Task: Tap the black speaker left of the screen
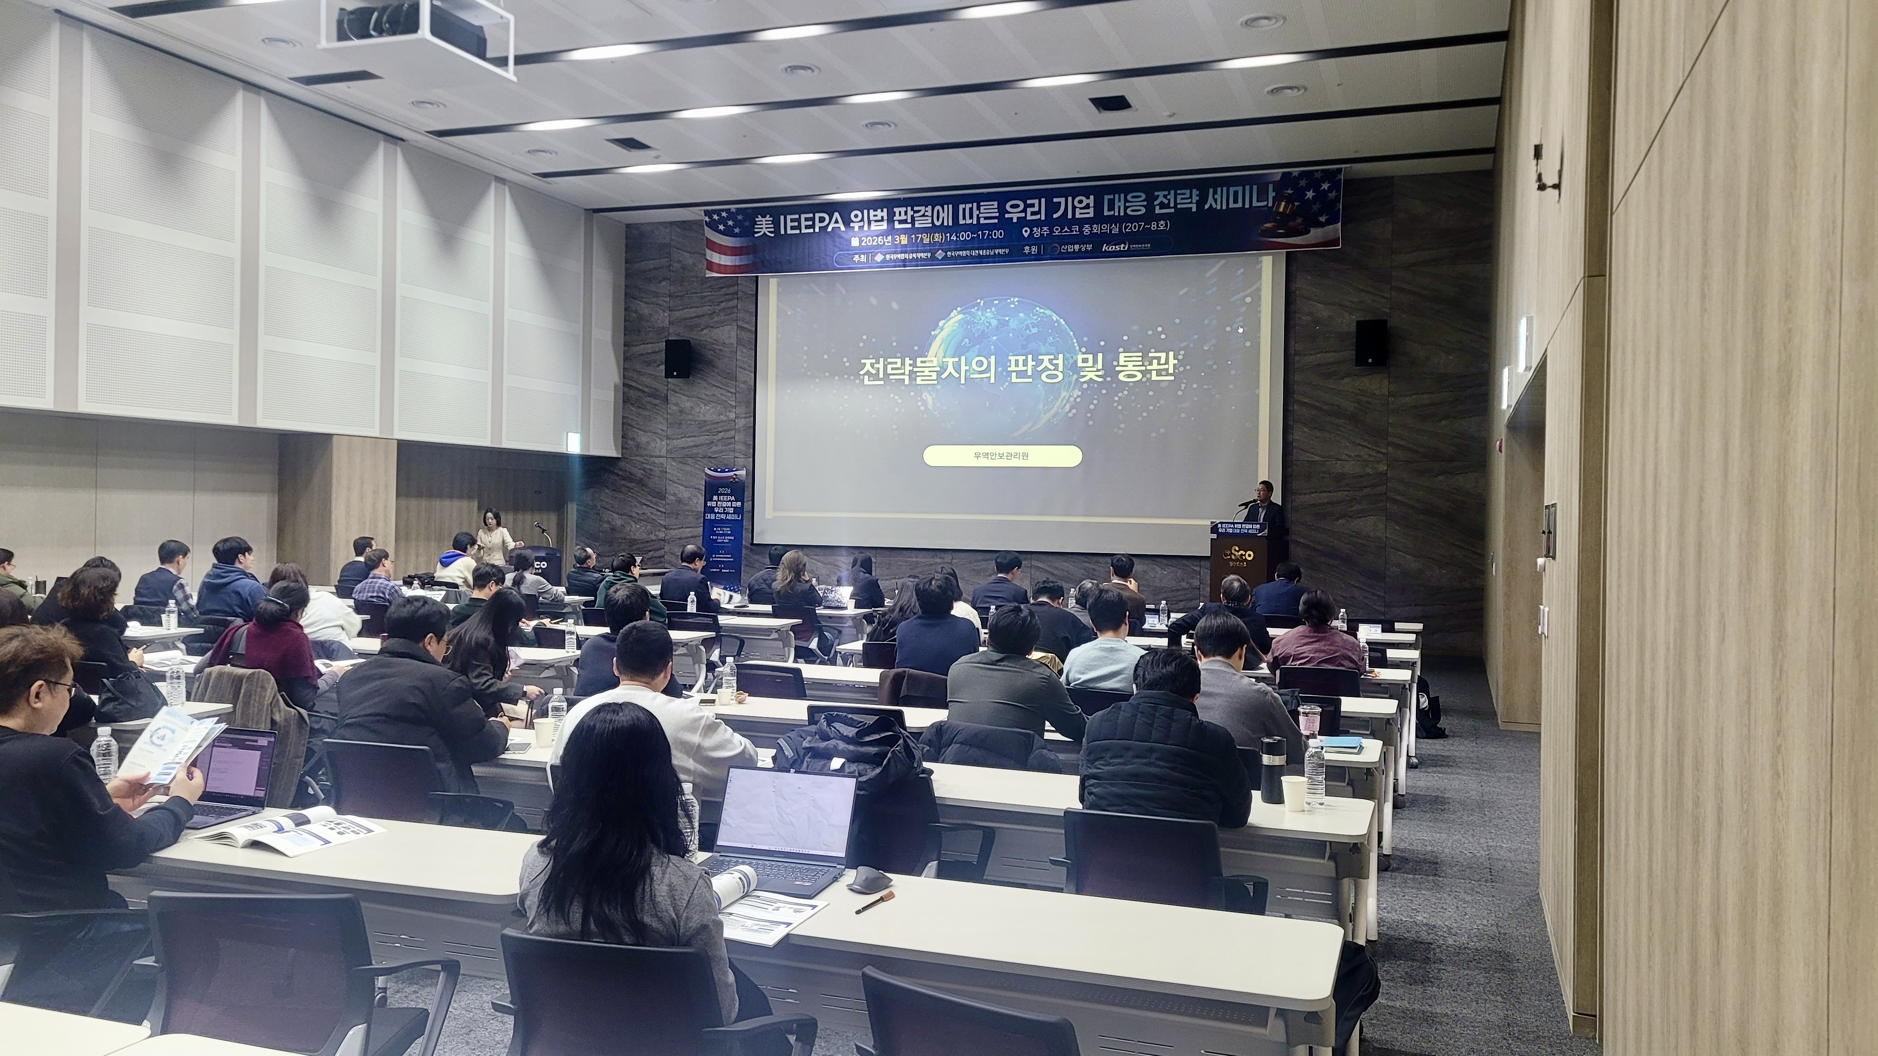[677, 359]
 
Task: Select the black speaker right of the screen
[1371, 343]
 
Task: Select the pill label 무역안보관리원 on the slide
[1002, 456]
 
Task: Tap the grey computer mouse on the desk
[870, 879]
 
